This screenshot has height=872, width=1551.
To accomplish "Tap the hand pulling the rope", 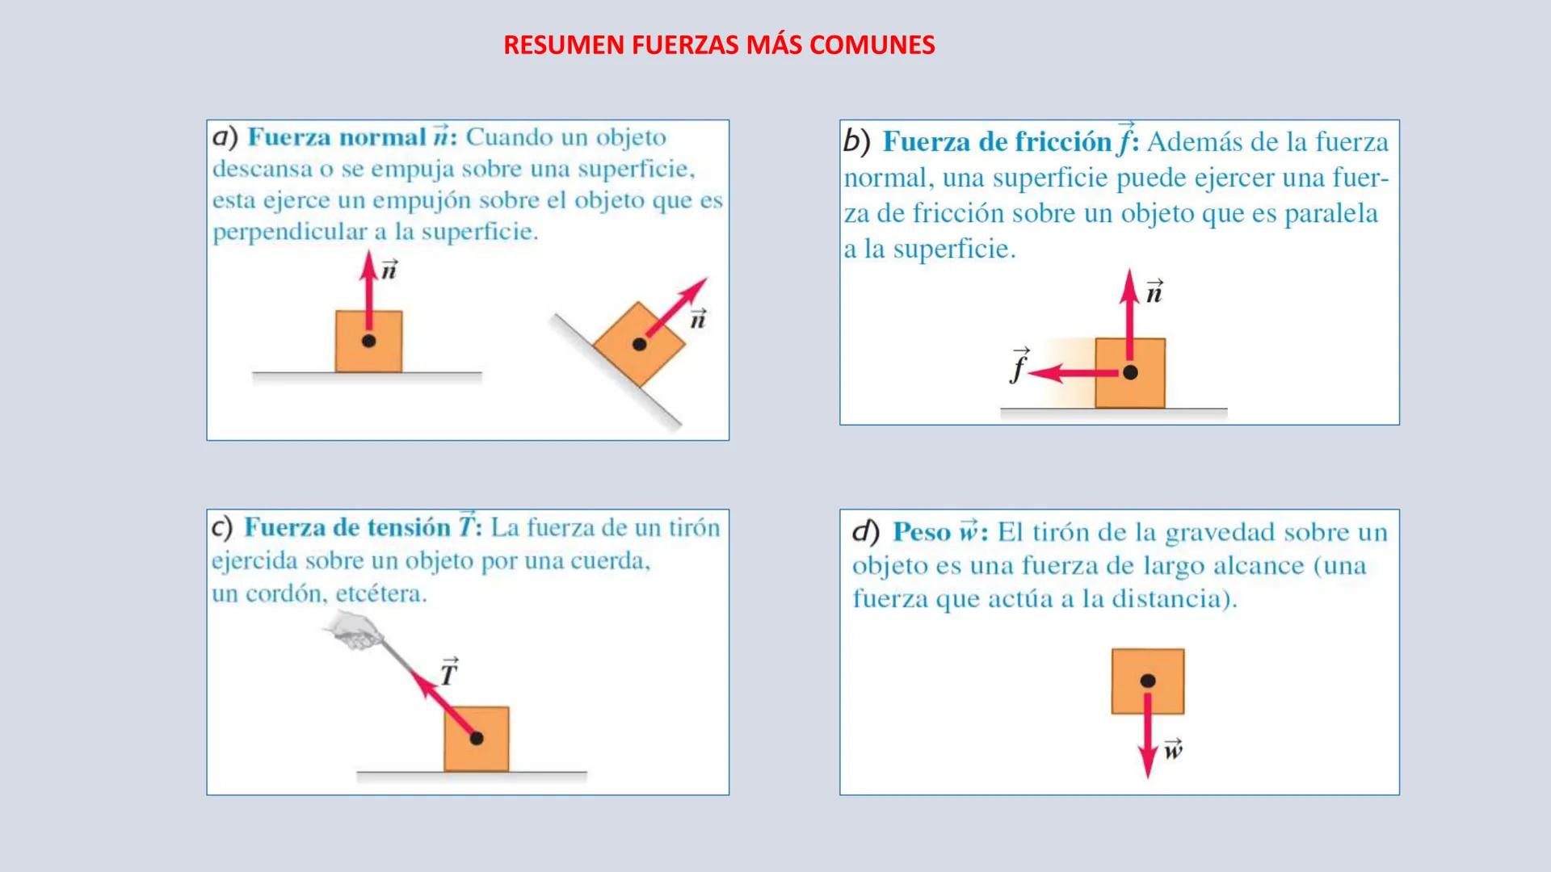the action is coord(355,631).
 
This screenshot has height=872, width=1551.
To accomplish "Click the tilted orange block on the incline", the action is coord(639,345).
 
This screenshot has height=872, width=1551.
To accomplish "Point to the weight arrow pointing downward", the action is coord(1148,730).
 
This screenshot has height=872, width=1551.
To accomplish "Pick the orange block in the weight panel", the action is coord(1148,681).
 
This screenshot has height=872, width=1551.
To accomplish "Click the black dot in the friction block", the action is coord(1130,372).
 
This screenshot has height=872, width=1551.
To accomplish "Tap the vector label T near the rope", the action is coord(449,671).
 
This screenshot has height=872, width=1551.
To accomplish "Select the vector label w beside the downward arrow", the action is coord(1173,749).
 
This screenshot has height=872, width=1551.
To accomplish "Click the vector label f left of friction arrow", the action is coord(1019,365).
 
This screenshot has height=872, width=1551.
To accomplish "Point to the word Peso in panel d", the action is coord(922,533).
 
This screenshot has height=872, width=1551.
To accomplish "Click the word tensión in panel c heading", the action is coord(408,528).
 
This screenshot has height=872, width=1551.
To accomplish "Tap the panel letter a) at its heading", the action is coord(225,137).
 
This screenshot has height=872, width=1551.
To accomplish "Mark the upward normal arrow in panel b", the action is coord(1129,320).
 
